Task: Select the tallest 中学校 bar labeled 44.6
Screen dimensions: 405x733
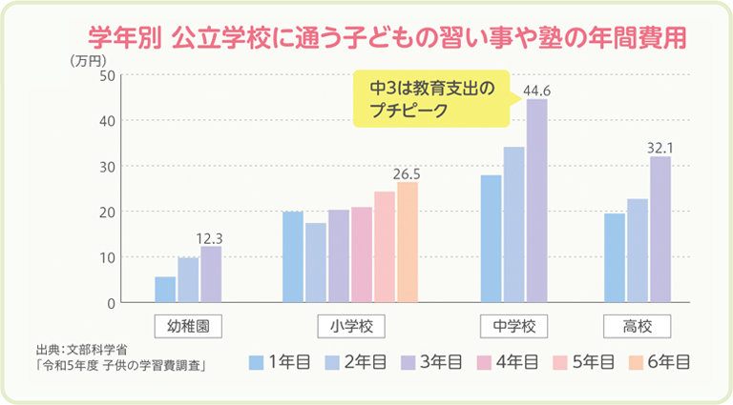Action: pyautogui.click(x=536, y=200)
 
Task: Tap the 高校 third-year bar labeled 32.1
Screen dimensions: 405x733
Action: pyautogui.click(x=660, y=229)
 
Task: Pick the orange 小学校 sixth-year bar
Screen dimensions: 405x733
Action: pyautogui.click(x=408, y=242)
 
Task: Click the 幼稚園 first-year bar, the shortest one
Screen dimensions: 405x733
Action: pyautogui.click(x=165, y=290)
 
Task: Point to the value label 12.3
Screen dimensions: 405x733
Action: pyautogui.click(x=210, y=237)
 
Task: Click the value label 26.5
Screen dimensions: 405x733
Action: pyautogui.click(x=407, y=173)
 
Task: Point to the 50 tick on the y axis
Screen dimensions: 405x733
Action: pyautogui.click(x=107, y=75)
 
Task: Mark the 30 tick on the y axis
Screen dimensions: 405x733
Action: pyautogui.click(x=107, y=167)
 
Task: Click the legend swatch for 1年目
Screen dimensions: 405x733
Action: pyautogui.click(x=256, y=361)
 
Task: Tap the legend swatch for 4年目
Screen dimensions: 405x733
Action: pyautogui.click(x=483, y=361)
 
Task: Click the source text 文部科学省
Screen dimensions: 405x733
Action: pyautogui.click(x=100, y=350)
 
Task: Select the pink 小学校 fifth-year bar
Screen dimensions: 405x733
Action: pyautogui.click(x=384, y=247)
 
